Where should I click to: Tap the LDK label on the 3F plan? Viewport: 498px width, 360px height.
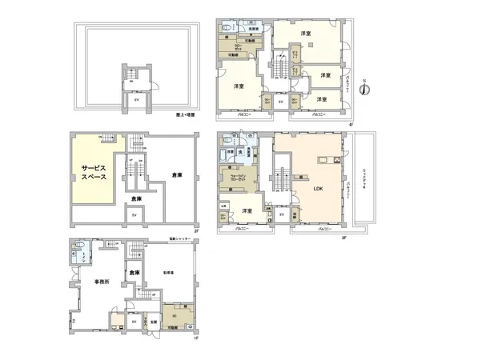319,190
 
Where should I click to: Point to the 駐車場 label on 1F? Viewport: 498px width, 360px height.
170,270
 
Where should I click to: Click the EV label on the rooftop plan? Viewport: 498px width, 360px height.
136,101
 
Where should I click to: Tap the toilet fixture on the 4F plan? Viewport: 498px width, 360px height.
227,30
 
